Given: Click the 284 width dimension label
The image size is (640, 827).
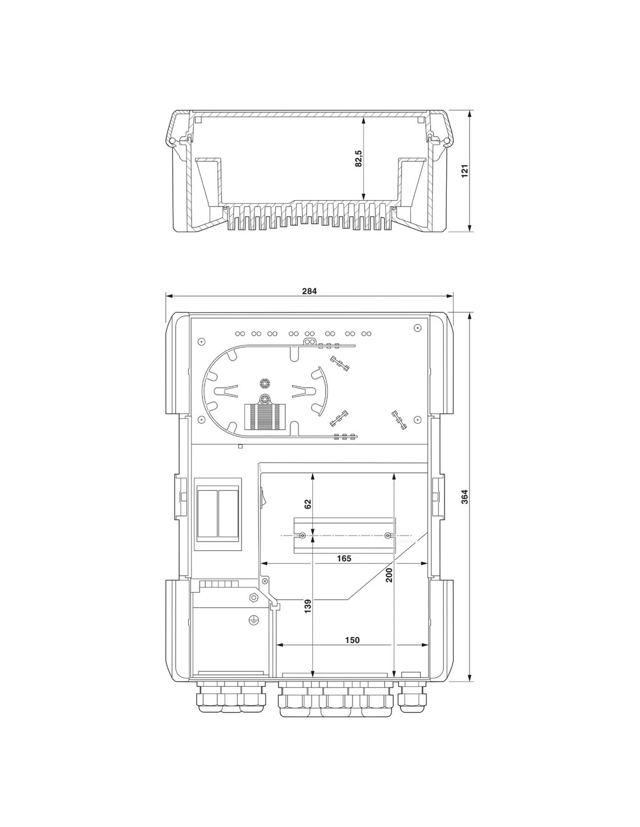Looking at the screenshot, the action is [x=309, y=291].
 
